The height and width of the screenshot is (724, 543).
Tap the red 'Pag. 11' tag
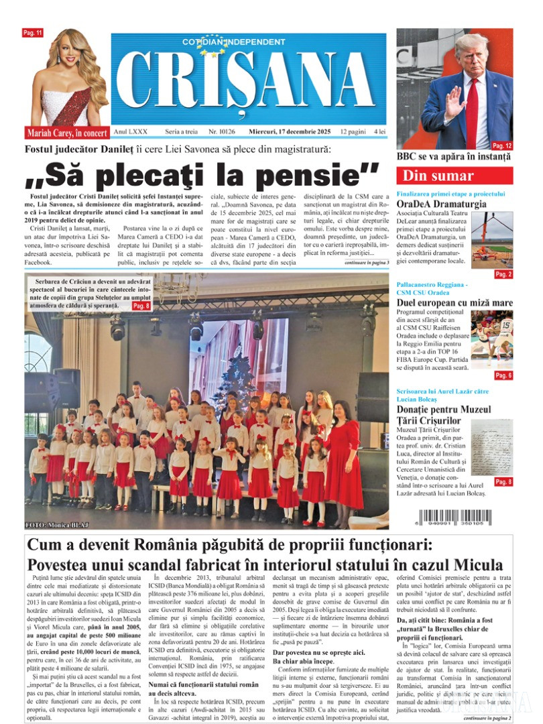pos(33,33)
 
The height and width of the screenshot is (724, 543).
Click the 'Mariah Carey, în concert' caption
pos(66,133)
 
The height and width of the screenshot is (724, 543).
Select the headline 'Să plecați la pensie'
pos(202,175)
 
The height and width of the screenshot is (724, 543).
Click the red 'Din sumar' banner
pos(454,176)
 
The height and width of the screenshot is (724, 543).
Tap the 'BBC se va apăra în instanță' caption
pos(454,157)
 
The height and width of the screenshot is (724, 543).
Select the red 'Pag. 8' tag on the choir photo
pos(142,306)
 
